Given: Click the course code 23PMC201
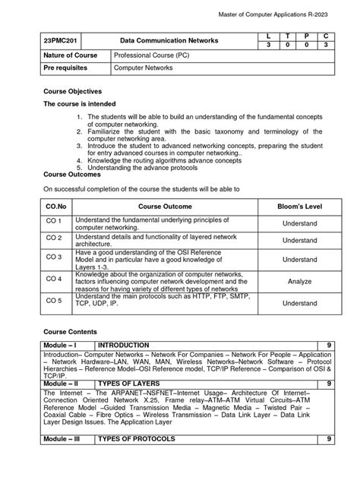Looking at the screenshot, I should coord(60,39).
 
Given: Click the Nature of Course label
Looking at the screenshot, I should coord(69,55).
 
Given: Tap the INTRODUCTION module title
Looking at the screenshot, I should coord(129,345).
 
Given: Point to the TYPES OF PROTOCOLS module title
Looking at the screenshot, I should coord(143,440).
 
